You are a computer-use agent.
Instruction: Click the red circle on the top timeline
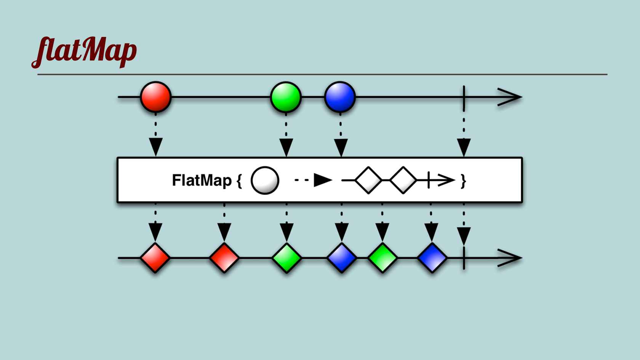click(155, 97)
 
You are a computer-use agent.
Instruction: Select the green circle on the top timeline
click(286, 97)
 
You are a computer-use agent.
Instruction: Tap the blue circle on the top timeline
click(340, 97)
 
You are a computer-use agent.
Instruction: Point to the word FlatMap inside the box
click(202, 180)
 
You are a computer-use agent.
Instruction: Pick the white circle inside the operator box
click(265, 181)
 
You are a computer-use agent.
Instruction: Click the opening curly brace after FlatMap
click(239, 181)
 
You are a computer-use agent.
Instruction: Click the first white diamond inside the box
click(368, 180)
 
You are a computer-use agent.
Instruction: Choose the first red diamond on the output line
click(155, 258)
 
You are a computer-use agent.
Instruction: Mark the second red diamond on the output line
click(224, 258)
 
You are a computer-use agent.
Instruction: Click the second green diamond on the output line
click(382, 258)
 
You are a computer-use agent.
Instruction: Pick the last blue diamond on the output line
click(432, 258)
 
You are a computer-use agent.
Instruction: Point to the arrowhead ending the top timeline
click(510, 97)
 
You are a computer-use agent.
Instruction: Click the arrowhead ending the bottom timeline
click(510, 258)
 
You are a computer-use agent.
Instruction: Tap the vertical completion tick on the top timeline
click(464, 98)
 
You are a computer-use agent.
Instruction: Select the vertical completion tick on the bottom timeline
click(464, 258)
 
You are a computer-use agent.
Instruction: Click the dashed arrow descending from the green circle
click(286, 137)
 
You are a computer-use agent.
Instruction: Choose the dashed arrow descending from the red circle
click(155, 137)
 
